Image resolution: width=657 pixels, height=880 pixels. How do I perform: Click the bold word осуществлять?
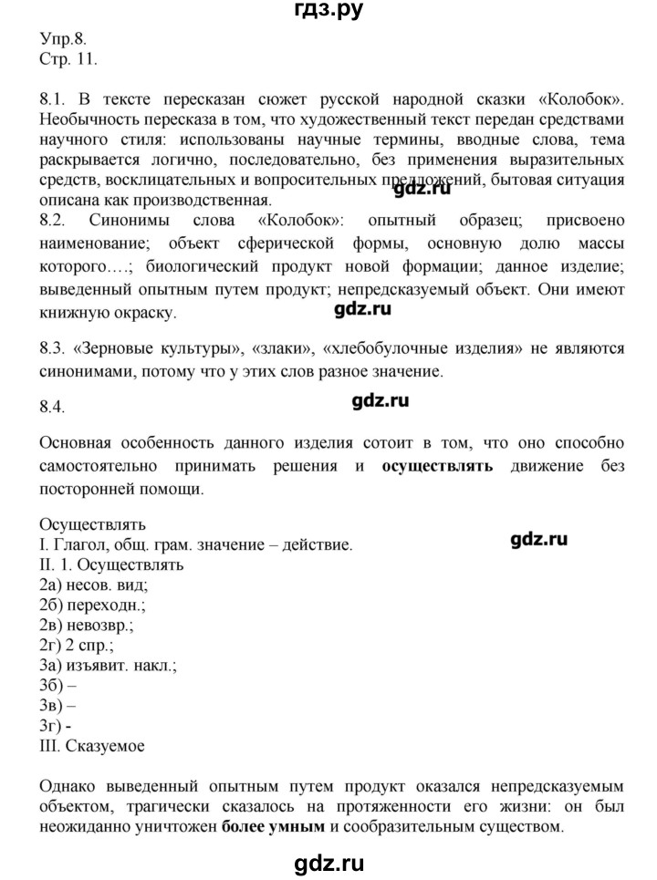pos(438,467)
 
